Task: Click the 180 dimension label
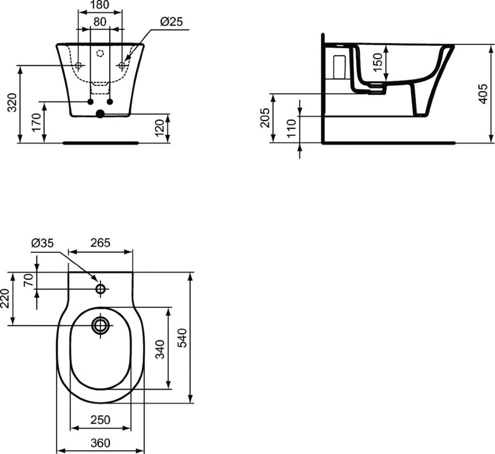tap(100, 5)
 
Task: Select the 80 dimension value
tap(100, 21)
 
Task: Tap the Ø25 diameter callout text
tap(171, 21)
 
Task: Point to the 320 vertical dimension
tap(12, 103)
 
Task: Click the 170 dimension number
tap(36, 122)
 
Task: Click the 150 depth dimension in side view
tap(377, 62)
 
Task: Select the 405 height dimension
tap(483, 94)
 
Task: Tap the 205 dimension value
tap(264, 117)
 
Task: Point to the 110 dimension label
tap(291, 128)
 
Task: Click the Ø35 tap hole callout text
tap(43, 243)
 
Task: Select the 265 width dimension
tap(101, 243)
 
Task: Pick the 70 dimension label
tap(29, 280)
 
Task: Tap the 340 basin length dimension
tap(160, 349)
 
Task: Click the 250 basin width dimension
tap(101, 420)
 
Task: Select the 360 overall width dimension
tap(101, 443)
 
